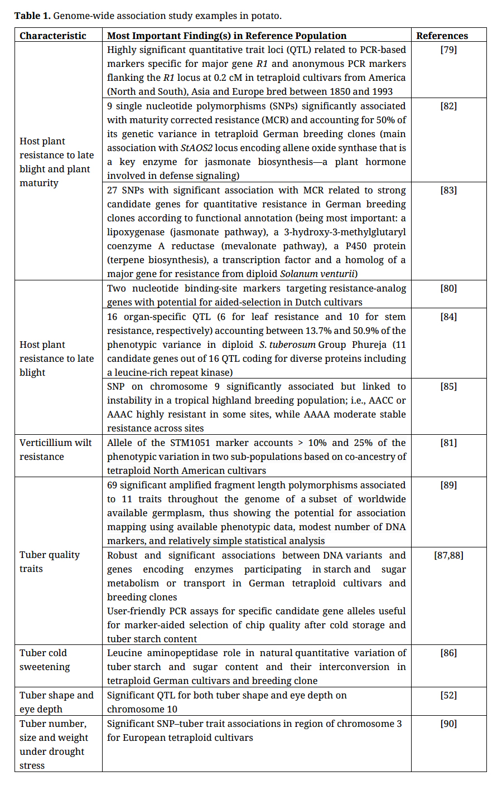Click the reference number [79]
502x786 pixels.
click(x=448, y=50)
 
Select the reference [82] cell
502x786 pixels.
click(x=448, y=106)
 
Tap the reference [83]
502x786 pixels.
click(x=448, y=190)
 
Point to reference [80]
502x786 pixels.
click(x=448, y=288)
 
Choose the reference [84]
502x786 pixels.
click(x=448, y=317)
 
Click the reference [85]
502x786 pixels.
click(x=448, y=386)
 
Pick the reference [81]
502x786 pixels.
click(x=448, y=443)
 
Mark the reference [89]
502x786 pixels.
click(x=448, y=485)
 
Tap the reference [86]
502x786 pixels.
click(x=448, y=653)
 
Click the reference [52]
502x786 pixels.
click(x=448, y=695)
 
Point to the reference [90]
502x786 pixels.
click(x=448, y=724)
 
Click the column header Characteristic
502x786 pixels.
click(x=53, y=36)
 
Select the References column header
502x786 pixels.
click(x=442, y=36)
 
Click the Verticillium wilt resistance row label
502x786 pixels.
click(x=55, y=449)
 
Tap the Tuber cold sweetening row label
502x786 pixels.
click(x=45, y=659)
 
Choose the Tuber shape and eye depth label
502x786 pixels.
click(x=56, y=702)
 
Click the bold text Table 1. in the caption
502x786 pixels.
click(x=32, y=16)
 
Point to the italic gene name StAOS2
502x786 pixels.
click(x=196, y=148)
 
